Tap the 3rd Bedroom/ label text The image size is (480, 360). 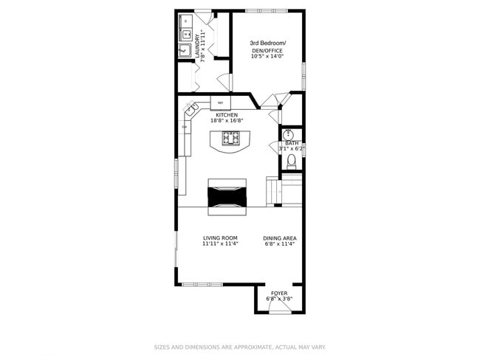pyautogui.click(x=267, y=43)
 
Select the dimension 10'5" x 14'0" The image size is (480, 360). pyautogui.click(x=267, y=56)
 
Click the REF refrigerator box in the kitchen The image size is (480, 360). pyautogui.click(x=221, y=103)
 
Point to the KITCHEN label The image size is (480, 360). pyautogui.click(x=226, y=115)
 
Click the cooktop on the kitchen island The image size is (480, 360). pyautogui.click(x=231, y=137)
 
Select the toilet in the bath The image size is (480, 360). pyautogui.click(x=292, y=160)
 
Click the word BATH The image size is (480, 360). pyautogui.click(x=292, y=143)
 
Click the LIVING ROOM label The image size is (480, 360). pyautogui.click(x=220, y=238)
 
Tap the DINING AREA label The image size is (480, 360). pyautogui.click(x=280, y=238)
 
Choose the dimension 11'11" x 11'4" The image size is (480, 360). pyautogui.click(x=220, y=243)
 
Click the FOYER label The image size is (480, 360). pyautogui.click(x=279, y=293)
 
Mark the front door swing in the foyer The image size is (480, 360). pyautogui.click(x=279, y=308)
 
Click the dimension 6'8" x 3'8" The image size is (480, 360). pyautogui.click(x=279, y=299)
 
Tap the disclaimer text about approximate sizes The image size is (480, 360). pyautogui.click(x=239, y=347)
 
